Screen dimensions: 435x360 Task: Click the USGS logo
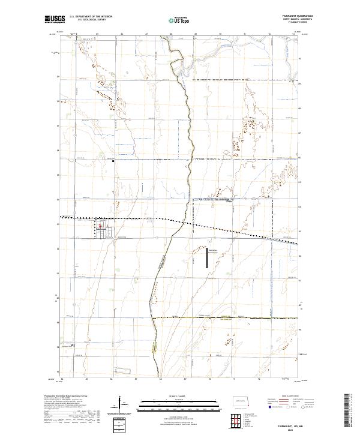tap(55, 20)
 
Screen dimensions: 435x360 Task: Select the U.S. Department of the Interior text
tap(89, 17)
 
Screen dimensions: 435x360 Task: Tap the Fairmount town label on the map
tap(101, 229)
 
